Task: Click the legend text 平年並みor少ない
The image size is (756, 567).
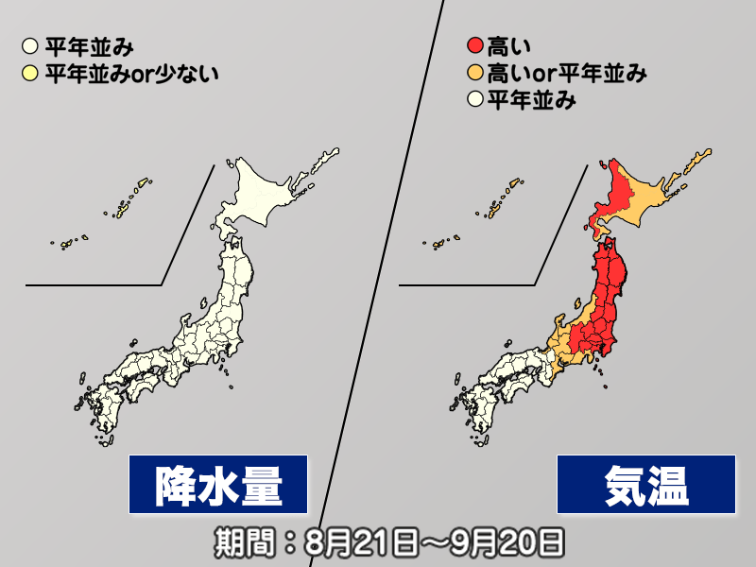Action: (x=131, y=72)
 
